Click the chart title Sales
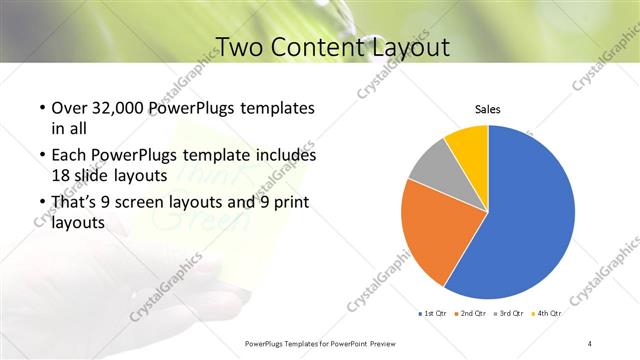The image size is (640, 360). click(x=487, y=109)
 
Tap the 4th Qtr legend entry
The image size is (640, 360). click(x=548, y=313)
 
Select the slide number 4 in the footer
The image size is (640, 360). click(x=589, y=343)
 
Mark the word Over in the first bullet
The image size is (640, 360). click(x=69, y=108)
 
